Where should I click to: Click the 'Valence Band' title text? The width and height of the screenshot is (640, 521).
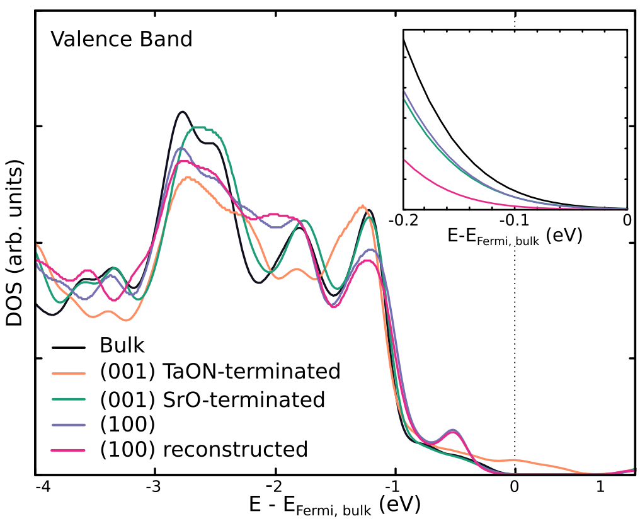coord(121,39)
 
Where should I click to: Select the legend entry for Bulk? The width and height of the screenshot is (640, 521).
coord(122,345)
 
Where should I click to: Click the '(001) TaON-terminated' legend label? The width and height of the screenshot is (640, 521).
coord(220,372)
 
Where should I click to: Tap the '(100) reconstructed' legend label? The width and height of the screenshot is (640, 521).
coord(203,450)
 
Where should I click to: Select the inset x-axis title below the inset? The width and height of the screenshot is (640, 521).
coord(514,237)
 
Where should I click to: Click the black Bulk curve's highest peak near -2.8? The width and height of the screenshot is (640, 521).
coord(183,112)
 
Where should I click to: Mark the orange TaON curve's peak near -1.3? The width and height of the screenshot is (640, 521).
coord(362,206)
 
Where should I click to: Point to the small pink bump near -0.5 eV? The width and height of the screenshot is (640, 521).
coord(452,432)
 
